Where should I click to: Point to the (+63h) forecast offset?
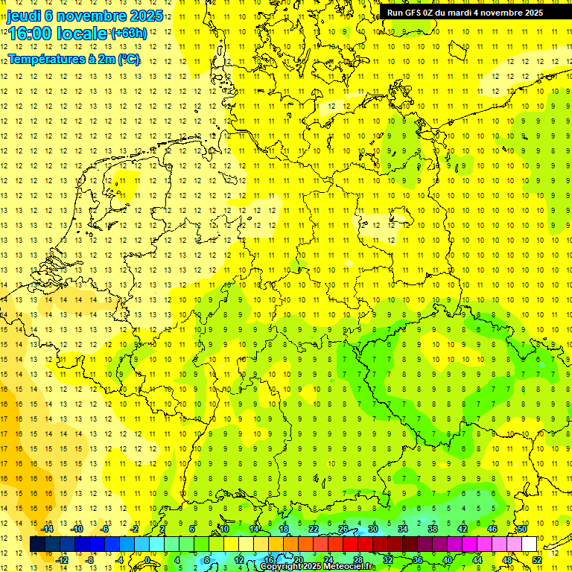[128, 33]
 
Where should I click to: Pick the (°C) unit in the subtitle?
[127, 59]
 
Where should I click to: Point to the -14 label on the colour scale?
[48, 529]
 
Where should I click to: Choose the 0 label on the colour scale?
[148, 560]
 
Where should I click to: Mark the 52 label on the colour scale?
[536, 560]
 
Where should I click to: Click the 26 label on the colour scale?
[343, 529]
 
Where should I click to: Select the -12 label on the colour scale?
[63, 560]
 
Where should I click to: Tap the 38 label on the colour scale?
[432, 529]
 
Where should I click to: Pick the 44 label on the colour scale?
[477, 560]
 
